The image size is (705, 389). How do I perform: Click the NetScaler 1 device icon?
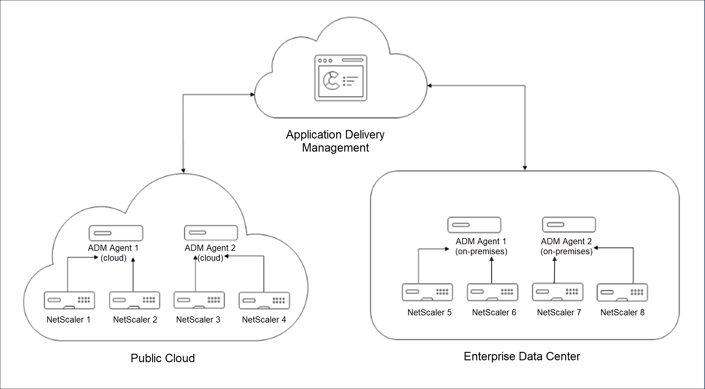[69, 300]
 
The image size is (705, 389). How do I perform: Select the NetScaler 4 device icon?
[264, 301]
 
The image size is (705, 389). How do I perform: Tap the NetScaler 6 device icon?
[492, 292]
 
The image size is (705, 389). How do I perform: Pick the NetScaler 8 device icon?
[622, 292]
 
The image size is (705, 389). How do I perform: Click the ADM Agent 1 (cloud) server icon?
[116, 233]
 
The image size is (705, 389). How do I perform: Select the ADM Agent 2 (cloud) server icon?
[211, 233]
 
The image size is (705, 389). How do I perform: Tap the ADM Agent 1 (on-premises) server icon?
[474, 225]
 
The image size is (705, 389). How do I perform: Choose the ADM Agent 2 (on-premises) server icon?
[569, 225]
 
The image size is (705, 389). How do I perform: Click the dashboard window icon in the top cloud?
[341, 78]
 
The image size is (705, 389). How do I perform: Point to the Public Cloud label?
[163, 358]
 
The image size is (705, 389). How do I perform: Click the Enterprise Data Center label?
[522, 356]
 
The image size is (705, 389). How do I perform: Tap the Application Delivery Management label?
[335, 141]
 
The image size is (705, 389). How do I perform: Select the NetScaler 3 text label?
[198, 319]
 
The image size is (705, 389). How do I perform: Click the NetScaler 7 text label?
[559, 312]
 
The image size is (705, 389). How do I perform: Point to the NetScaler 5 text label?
[429, 312]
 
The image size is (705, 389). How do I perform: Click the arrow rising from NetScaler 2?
[133, 275]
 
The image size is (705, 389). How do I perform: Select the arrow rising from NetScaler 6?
[491, 270]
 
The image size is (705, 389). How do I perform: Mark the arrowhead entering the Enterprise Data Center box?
[525, 168]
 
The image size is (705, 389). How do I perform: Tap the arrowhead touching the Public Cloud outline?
[183, 171]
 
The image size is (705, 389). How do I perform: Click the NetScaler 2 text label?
[135, 319]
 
